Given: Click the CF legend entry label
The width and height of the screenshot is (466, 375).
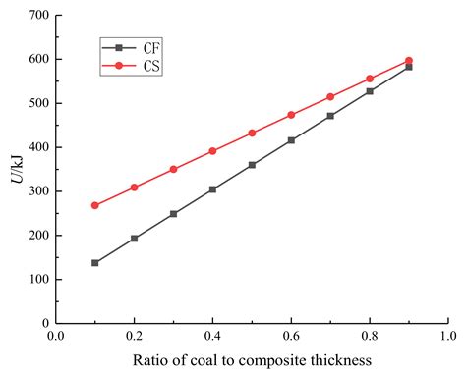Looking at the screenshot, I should tap(149, 46).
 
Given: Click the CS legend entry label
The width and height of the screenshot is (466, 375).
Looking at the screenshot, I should tap(149, 66).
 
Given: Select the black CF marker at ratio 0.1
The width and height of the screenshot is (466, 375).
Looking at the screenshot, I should tap(95, 263).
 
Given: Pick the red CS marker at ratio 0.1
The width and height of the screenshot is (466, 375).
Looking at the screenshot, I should tap(95, 205).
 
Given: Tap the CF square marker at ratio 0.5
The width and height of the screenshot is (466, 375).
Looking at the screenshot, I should tap(252, 165).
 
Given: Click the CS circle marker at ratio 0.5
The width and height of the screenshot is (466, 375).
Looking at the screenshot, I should tap(252, 133).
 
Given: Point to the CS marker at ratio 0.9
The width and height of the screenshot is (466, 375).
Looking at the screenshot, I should tap(409, 61).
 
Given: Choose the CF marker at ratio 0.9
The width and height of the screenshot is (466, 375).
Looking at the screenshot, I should tap(409, 67).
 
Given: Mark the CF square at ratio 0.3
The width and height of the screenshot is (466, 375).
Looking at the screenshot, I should tap(174, 213).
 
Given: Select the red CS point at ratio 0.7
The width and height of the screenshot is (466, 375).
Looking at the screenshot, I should tap(330, 97).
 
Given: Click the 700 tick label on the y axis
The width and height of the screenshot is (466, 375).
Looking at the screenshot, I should tap(36, 15).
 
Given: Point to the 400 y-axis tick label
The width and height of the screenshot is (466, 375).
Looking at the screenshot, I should tap(36, 147).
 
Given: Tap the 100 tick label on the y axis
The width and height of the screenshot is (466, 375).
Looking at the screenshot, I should tap(36, 279).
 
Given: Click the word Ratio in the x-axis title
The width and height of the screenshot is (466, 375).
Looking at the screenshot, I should tap(150, 359).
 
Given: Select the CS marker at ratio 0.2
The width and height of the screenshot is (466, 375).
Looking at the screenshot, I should tap(135, 187).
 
